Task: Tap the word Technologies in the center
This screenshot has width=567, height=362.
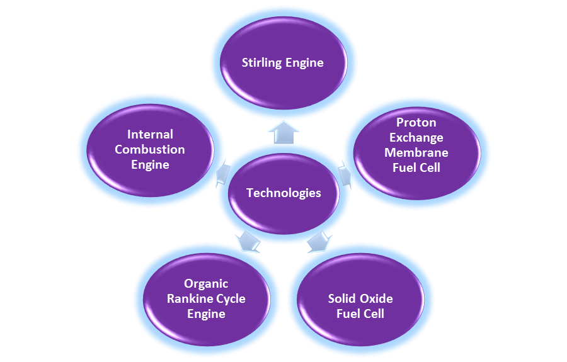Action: (283, 193)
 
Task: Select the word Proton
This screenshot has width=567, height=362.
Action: (416, 122)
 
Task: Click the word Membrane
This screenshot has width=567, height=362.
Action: (416, 152)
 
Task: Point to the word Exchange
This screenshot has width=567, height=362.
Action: (416, 137)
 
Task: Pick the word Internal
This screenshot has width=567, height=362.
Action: (150, 134)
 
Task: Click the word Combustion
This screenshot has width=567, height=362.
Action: (150, 149)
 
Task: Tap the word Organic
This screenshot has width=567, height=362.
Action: (206, 283)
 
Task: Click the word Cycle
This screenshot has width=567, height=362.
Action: (229, 298)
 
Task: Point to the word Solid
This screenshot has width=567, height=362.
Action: (341, 298)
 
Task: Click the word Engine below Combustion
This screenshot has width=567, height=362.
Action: (150, 165)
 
